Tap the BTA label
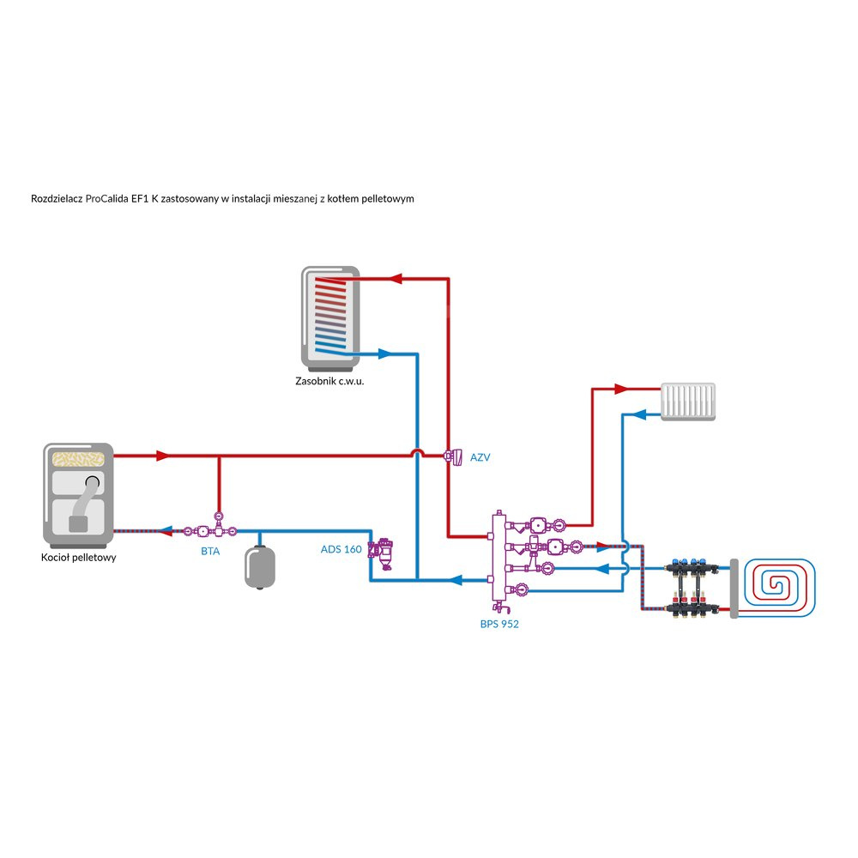(x=210, y=551)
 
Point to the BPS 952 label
(x=499, y=624)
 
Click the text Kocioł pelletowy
(x=79, y=557)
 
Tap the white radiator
(x=688, y=402)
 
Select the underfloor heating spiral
(x=780, y=587)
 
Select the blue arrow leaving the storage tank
(x=384, y=353)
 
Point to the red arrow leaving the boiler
(x=162, y=455)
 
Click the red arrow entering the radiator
(x=624, y=389)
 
